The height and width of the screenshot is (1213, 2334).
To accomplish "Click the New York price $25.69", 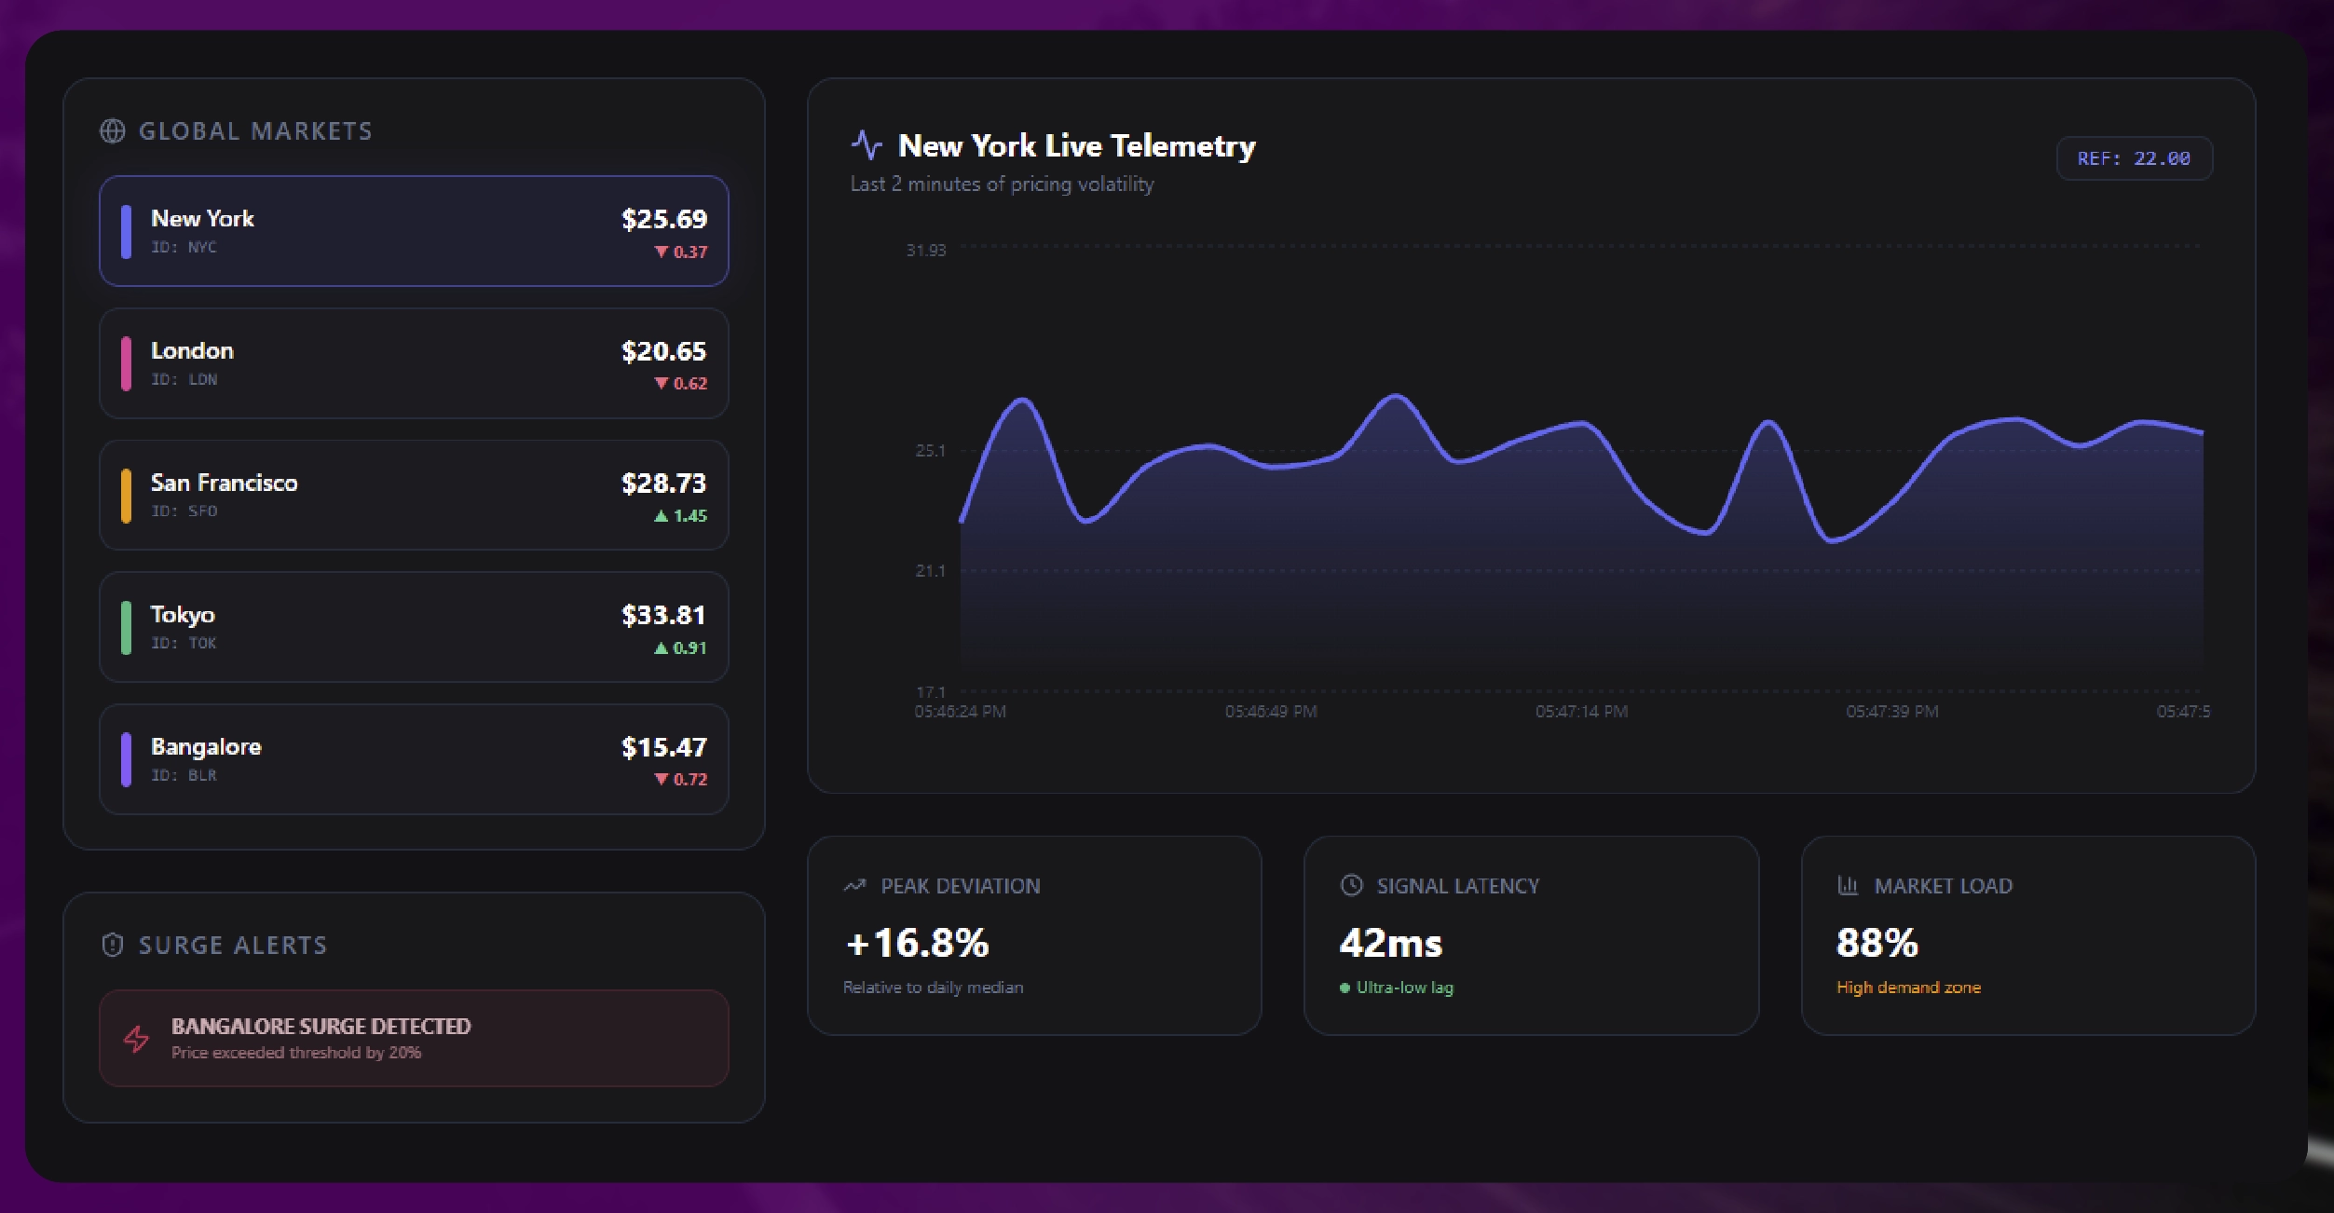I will [x=663, y=220].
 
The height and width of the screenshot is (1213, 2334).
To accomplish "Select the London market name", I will [x=192, y=351].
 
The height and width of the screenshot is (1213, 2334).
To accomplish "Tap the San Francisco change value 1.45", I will [x=689, y=516].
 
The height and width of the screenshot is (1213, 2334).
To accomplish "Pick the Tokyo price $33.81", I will [x=663, y=616].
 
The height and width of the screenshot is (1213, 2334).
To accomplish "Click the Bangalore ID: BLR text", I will [x=184, y=775].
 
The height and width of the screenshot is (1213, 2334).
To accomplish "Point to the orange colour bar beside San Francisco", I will [x=126, y=496].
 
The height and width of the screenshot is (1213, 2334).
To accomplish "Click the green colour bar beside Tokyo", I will [x=126, y=628].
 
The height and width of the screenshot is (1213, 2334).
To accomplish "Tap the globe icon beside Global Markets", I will [x=113, y=131].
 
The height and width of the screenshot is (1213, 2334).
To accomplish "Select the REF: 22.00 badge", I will [x=2134, y=158].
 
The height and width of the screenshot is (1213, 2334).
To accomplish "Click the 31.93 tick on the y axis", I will [x=925, y=251].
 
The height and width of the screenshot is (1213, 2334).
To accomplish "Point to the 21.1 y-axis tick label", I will [x=930, y=571].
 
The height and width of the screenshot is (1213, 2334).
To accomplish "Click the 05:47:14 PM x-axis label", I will [x=1581, y=712].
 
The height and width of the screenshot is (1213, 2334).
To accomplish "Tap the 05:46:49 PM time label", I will [x=1271, y=712].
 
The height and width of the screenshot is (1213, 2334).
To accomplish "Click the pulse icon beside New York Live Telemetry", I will [x=867, y=145].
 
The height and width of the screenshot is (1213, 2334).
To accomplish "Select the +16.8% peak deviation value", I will [x=917, y=943].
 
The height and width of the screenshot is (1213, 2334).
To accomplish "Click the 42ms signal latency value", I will [x=1390, y=944].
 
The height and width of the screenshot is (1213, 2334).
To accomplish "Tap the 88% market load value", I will [x=1877, y=943].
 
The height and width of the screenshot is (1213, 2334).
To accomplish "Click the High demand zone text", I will [x=1908, y=988].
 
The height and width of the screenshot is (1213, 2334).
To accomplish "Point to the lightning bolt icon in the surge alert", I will [x=137, y=1039].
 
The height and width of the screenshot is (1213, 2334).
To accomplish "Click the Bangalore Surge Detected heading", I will [x=321, y=1027].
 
